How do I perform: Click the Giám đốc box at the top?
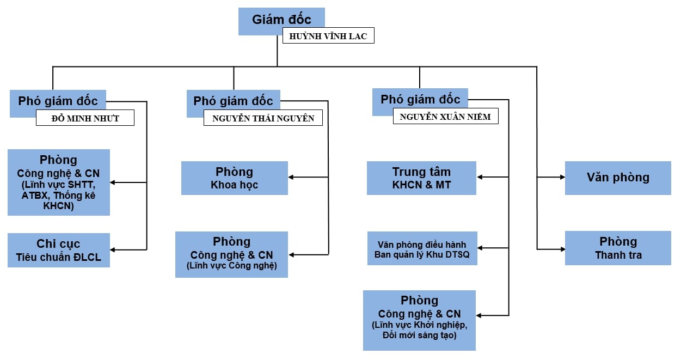point(281,20)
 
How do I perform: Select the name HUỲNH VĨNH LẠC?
point(328,37)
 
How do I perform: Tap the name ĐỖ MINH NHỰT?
point(85,118)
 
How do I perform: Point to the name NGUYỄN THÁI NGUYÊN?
point(263,118)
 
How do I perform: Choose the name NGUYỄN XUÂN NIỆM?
point(445,117)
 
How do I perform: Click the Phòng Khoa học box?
point(234,178)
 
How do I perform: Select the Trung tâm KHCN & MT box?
point(421,178)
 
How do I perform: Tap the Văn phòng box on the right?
point(618,178)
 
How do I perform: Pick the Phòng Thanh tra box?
point(618,248)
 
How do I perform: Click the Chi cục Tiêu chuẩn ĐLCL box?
point(59,250)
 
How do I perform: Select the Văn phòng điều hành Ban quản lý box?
point(422,248)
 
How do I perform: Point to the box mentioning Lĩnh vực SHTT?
point(59,182)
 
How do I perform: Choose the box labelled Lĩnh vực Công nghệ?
point(231,254)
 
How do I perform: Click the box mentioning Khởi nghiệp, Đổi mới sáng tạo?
point(419,320)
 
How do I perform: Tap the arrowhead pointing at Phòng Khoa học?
point(291,177)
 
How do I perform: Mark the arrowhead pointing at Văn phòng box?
point(561,177)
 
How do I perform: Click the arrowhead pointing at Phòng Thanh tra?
point(561,249)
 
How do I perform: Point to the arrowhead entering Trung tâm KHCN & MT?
point(480,177)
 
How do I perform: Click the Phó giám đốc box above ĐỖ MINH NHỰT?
point(58,101)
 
